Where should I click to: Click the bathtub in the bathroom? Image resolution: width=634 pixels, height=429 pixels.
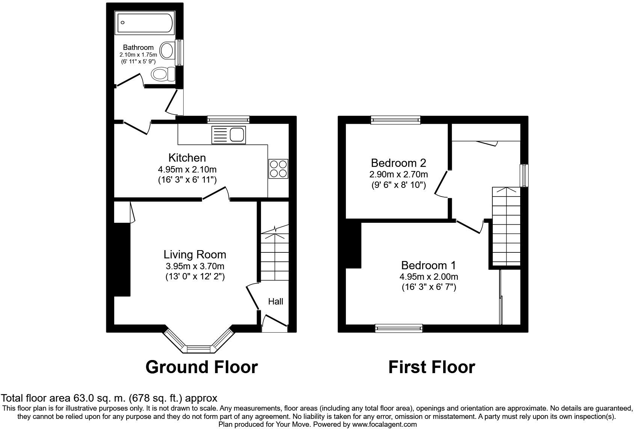tap(144, 22)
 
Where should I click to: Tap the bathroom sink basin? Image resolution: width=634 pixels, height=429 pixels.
tap(167, 50)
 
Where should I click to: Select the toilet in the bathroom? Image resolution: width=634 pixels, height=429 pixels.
tap(163, 74)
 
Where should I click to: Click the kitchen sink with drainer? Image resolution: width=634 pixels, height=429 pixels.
tap(228, 135)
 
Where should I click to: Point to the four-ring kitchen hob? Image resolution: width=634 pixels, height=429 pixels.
tap(278, 169)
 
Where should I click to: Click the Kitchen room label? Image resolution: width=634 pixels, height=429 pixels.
tap(187, 157)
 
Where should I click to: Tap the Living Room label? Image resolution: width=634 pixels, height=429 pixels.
tap(195, 254)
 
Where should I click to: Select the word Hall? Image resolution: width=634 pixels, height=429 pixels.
tap(275, 301)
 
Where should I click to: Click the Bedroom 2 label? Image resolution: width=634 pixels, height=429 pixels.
tap(399, 163)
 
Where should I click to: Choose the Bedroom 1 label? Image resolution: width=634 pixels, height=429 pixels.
tap(429, 265)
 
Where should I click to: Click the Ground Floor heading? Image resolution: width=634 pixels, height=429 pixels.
tap(202, 367)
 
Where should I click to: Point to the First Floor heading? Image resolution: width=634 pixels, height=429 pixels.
tap(432, 367)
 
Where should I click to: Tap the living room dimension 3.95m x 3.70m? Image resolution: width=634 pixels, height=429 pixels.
tap(195, 266)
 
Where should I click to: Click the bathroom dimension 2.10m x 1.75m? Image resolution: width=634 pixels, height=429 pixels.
tap(138, 54)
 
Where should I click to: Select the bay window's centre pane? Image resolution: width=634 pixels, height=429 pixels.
tap(199, 349)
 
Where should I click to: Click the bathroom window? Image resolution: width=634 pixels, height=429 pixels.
tap(179, 52)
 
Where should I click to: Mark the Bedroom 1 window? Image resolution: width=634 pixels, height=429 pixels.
tap(399, 328)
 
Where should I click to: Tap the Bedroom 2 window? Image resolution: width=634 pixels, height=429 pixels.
tap(395, 120)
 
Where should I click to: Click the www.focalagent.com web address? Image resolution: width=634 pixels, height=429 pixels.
tap(384, 424)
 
